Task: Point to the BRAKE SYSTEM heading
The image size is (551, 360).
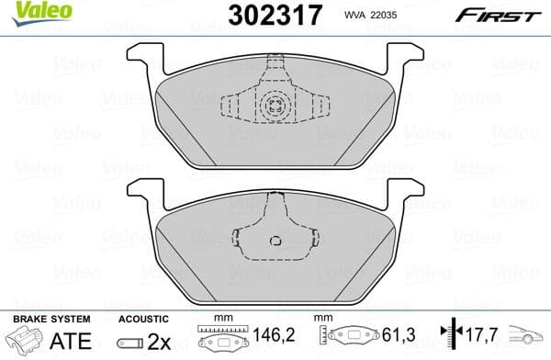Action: point(50,318)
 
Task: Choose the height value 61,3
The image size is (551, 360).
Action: point(396,340)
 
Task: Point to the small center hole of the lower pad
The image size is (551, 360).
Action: point(275,242)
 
